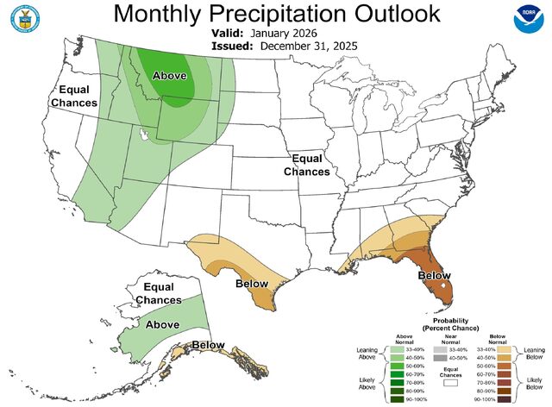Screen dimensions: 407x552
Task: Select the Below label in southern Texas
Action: click(x=250, y=283)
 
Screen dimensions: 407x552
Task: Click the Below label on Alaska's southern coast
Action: click(x=209, y=346)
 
